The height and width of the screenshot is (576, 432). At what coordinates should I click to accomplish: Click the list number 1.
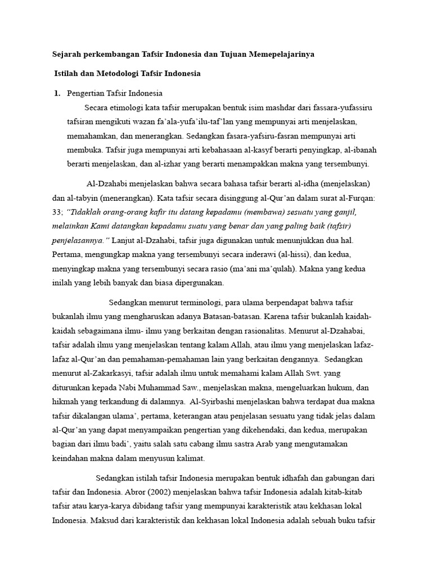point(56,93)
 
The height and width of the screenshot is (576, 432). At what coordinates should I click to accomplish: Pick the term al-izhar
point(166,164)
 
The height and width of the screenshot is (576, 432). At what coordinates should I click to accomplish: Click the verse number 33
point(57,212)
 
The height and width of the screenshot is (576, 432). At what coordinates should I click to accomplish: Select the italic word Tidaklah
point(84,212)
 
